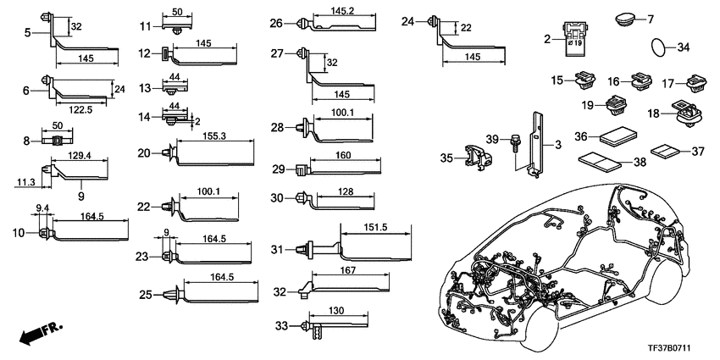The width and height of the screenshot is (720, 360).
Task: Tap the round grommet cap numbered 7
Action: click(626, 19)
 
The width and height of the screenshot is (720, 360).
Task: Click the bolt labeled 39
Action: click(515, 145)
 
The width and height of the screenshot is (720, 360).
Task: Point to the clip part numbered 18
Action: click(684, 109)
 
